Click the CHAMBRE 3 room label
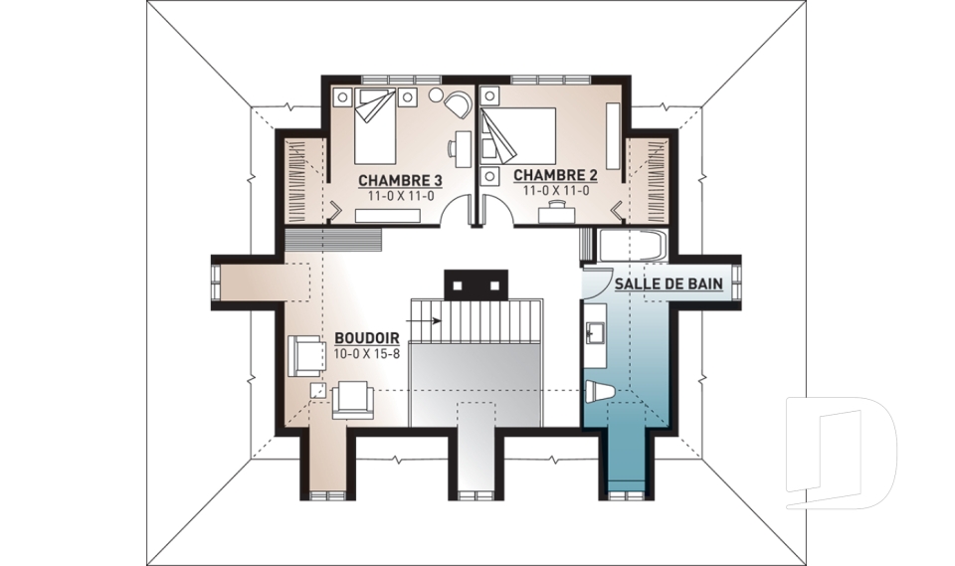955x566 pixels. click(400, 180)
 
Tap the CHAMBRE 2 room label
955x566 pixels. click(555, 175)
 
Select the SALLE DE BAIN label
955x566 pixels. click(668, 283)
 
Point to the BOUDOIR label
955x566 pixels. click(367, 338)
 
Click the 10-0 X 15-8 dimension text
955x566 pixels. click(367, 353)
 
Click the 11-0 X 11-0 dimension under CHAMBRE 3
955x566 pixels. click(400, 196)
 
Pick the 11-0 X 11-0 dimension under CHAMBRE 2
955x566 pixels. click(556, 191)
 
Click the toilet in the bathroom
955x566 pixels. click(601, 391)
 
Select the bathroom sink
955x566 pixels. click(595, 332)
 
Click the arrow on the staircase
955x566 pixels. click(430, 320)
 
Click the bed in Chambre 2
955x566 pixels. click(519, 135)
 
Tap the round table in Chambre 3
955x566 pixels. click(436, 95)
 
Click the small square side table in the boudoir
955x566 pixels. click(317, 391)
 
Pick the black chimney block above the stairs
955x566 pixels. click(476, 285)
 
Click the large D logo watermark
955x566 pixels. click(842, 453)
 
